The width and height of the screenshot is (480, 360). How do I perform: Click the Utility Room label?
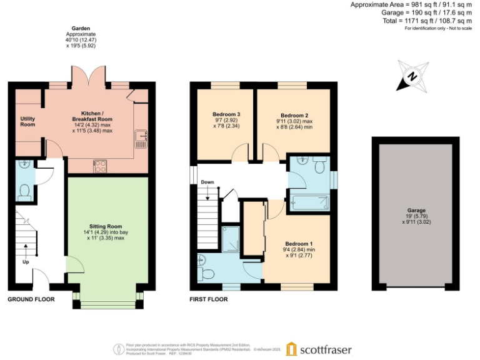tap(27, 121)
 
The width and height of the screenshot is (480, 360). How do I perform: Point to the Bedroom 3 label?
tap(226, 114)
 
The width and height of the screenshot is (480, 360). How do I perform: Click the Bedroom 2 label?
tap(294, 116)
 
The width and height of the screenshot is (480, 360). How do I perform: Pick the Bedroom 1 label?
tap(299, 244)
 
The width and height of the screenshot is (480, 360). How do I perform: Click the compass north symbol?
tap(412, 77)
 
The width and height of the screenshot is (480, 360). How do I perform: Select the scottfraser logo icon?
tap(292, 349)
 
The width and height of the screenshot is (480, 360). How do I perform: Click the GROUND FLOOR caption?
tap(31, 299)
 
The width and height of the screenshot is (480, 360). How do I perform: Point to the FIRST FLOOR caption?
tap(209, 299)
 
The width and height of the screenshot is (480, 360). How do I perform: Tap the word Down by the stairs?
tap(207, 183)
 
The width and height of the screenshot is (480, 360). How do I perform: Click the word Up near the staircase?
tap(26, 262)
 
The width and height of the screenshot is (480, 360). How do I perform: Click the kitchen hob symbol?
tap(99, 166)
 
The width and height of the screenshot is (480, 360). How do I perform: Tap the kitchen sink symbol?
tap(141, 138)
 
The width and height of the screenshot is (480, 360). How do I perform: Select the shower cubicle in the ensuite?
tap(231, 237)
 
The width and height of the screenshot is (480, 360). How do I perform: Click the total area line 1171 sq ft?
tap(418, 21)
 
